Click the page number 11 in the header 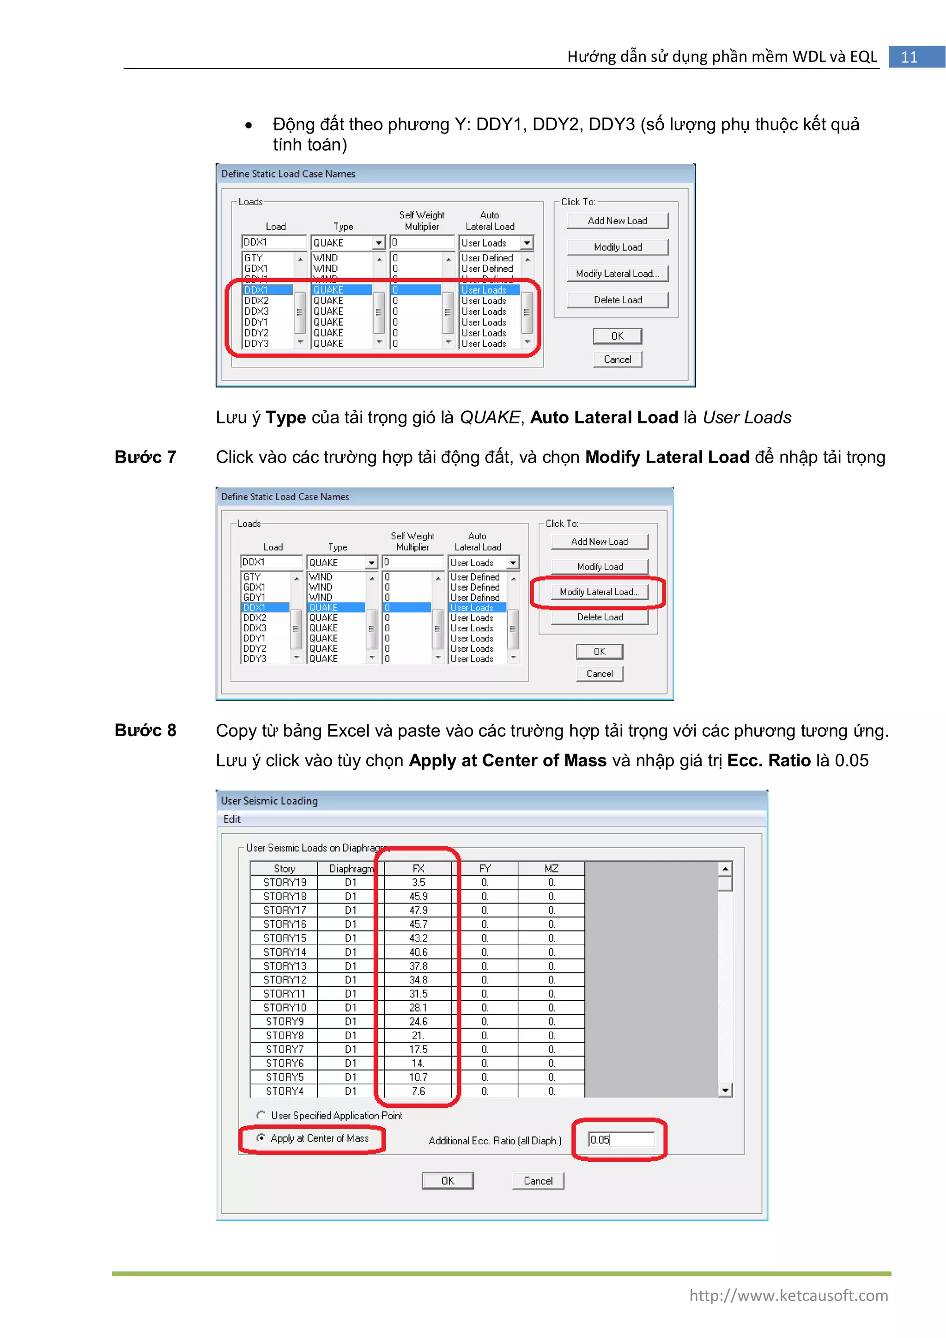pyautogui.click(x=910, y=57)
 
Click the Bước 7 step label pyautogui.click(x=145, y=457)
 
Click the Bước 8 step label pyautogui.click(x=145, y=730)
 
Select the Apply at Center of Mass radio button pyautogui.click(x=261, y=1137)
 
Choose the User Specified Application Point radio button pyautogui.click(x=261, y=1115)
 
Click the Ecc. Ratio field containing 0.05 pyautogui.click(x=620, y=1139)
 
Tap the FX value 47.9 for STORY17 pyautogui.click(x=418, y=910)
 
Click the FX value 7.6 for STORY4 pyautogui.click(x=418, y=1091)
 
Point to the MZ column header pyautogui.click(x=551, y=868)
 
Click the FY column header pyautogui.click(x=485, y=868)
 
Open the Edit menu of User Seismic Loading pyautogui.click(x=232, y=819)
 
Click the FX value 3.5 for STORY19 pyautogui.click(x=418, y=882)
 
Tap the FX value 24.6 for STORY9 pyautogui.click(x=418, y=1021)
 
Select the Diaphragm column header pyautogui.click(x=351, y=868)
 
